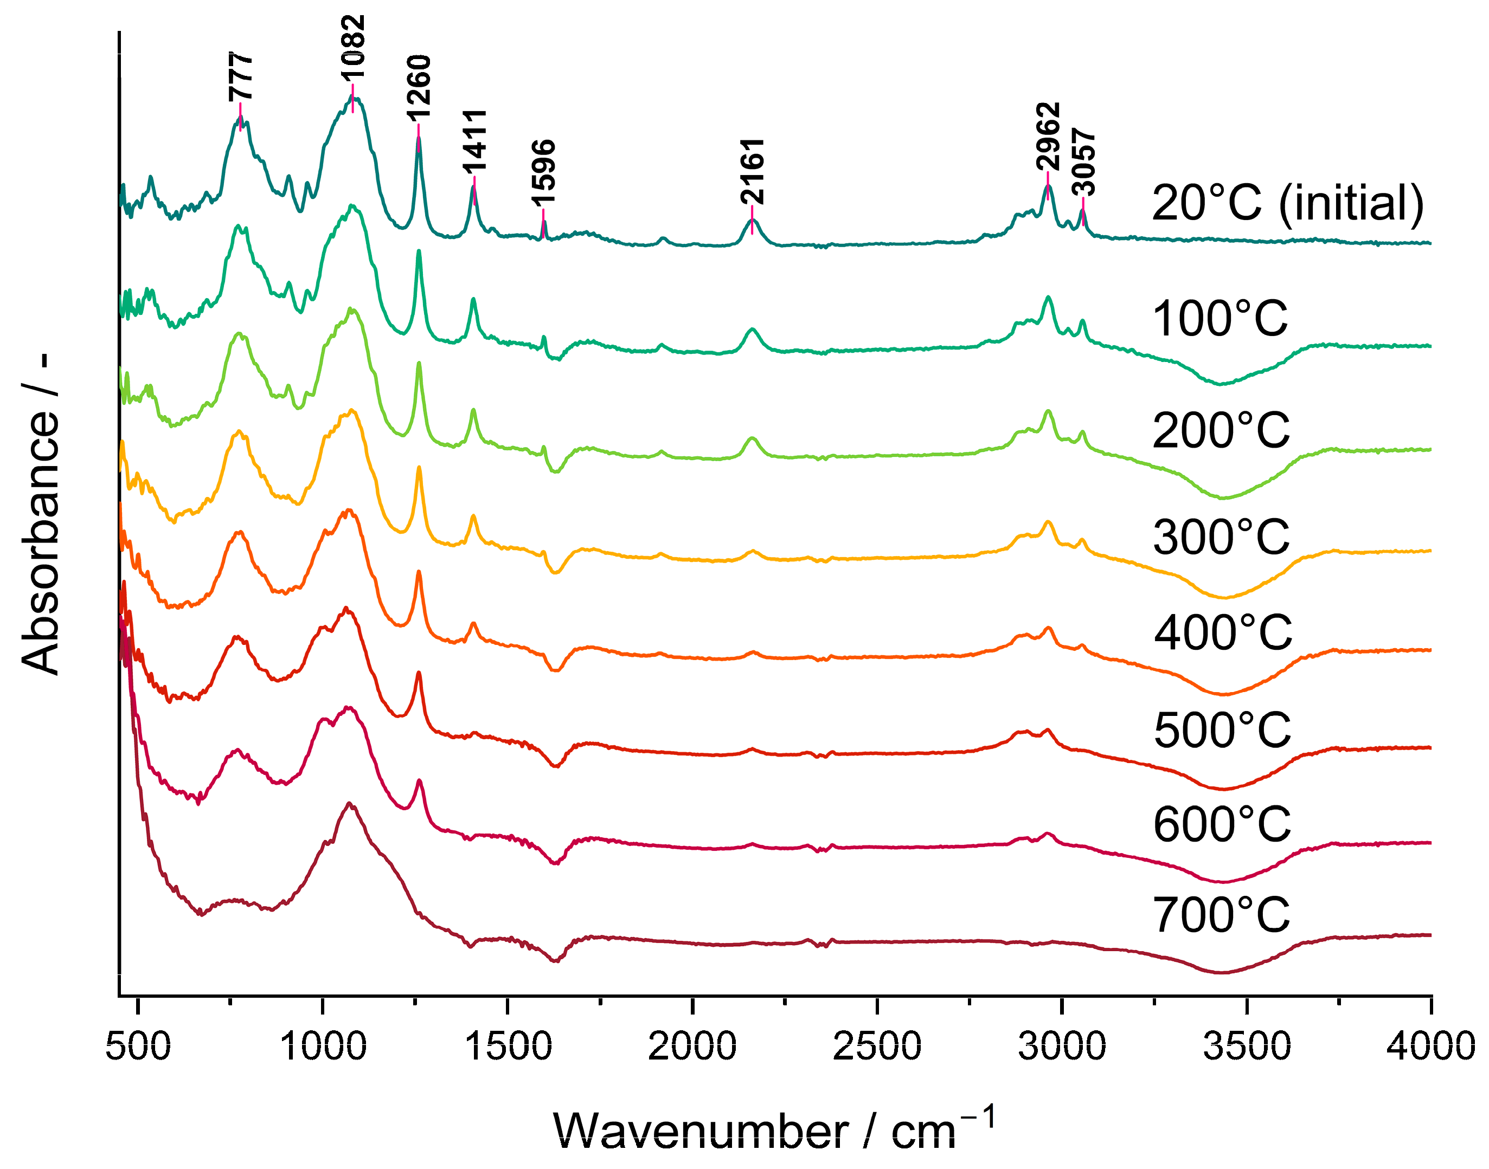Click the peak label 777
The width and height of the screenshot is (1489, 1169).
[241, 76]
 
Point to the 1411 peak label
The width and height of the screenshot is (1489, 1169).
[474, 140]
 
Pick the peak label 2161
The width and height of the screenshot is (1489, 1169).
[753, 171]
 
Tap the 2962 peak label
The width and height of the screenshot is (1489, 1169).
[1048, 136]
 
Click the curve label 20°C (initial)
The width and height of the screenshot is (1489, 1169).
[1288, 203]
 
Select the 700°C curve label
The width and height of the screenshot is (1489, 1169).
[1221, 915]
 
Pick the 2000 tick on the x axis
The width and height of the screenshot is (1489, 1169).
[692, 1047]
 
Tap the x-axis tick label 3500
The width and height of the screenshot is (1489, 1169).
[1247, 1047]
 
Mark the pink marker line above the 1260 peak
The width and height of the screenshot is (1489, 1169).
[418, 130]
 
